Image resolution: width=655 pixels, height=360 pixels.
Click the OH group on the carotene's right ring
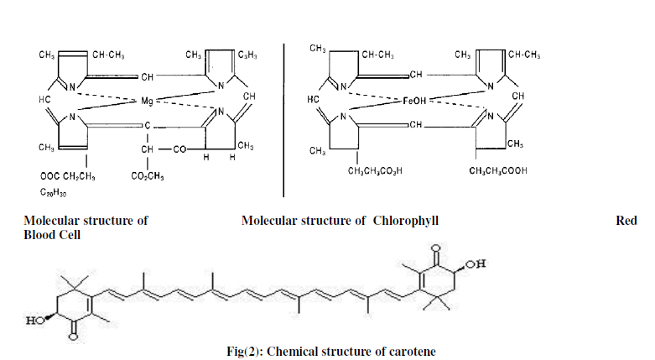tap(475, 265)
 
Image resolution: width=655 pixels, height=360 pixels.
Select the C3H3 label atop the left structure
tap(247, 56)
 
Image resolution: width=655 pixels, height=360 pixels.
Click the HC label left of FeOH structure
tap(314, 98)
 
